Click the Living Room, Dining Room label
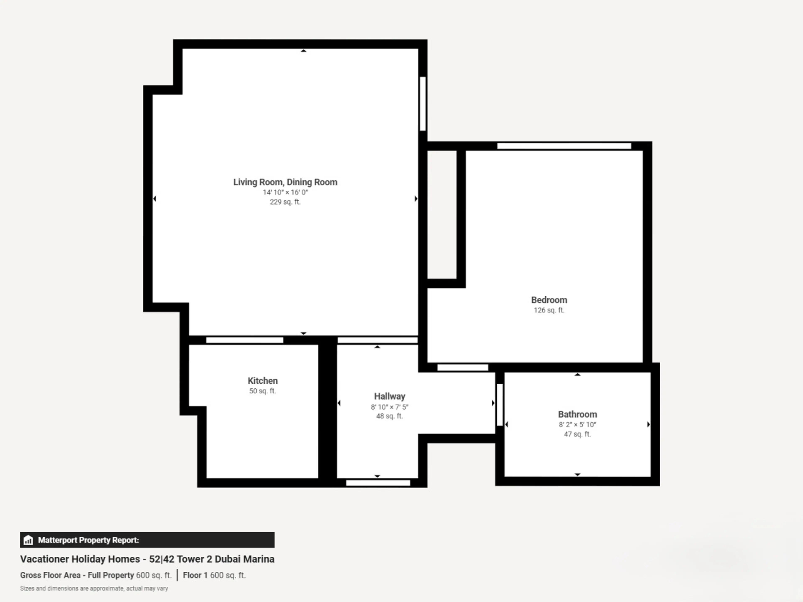[x=285, y=182]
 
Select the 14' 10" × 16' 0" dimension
[x=285, y=192]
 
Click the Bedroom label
[x=549, y=300]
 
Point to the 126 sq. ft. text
[x=549, y=310]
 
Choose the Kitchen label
[x=262, y=381]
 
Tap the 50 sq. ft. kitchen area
[x=262, y=391]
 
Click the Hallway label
[x=390, y=396]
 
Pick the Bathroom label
[x=577, y=414]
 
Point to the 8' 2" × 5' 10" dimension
[x=577, y=425]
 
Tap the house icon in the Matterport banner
[x=28, y=540]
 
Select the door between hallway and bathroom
[x=500, y=405]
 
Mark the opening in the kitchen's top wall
[x=245, y=340]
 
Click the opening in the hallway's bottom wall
[x=378, y=483]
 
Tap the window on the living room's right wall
[x=423, y=103]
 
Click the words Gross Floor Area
[x=50, y=575]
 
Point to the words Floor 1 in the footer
[x=195, y=575]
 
